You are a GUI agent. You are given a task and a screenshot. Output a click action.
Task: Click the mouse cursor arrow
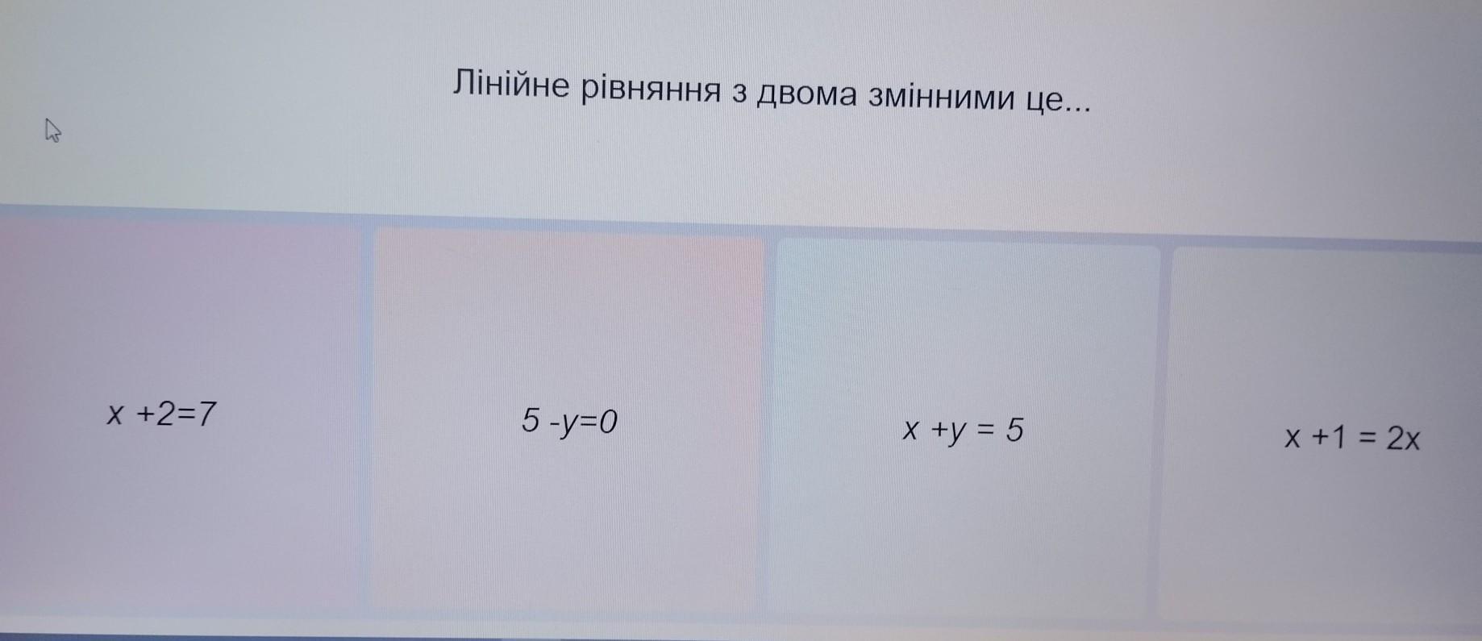click(x=52, y=130)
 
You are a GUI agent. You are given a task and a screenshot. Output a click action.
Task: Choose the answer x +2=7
click(x=162, y=414)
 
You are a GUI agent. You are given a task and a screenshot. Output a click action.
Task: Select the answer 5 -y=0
click(x=569, y=421)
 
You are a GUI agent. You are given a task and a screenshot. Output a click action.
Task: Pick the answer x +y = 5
click(x=963, y=431)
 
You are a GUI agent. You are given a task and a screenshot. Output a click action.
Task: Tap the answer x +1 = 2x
click(x=1352, y=438)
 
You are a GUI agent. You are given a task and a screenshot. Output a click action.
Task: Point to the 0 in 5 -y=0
click(x=608, y=420)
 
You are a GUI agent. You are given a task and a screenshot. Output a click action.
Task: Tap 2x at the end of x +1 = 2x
click(x=1403, y=439)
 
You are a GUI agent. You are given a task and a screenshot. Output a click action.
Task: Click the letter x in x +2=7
click(x=117, y=416)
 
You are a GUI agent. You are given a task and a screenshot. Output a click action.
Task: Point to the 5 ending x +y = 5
click(x=1014, y=431)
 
